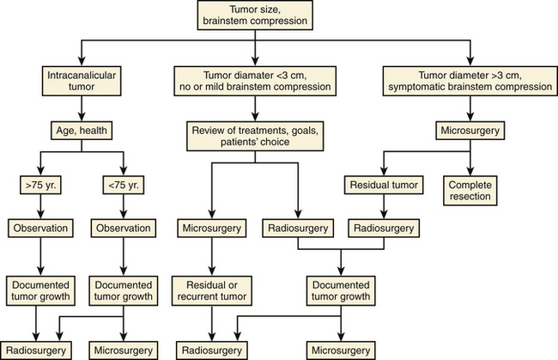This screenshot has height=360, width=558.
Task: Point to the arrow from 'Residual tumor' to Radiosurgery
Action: coord(380,207)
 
